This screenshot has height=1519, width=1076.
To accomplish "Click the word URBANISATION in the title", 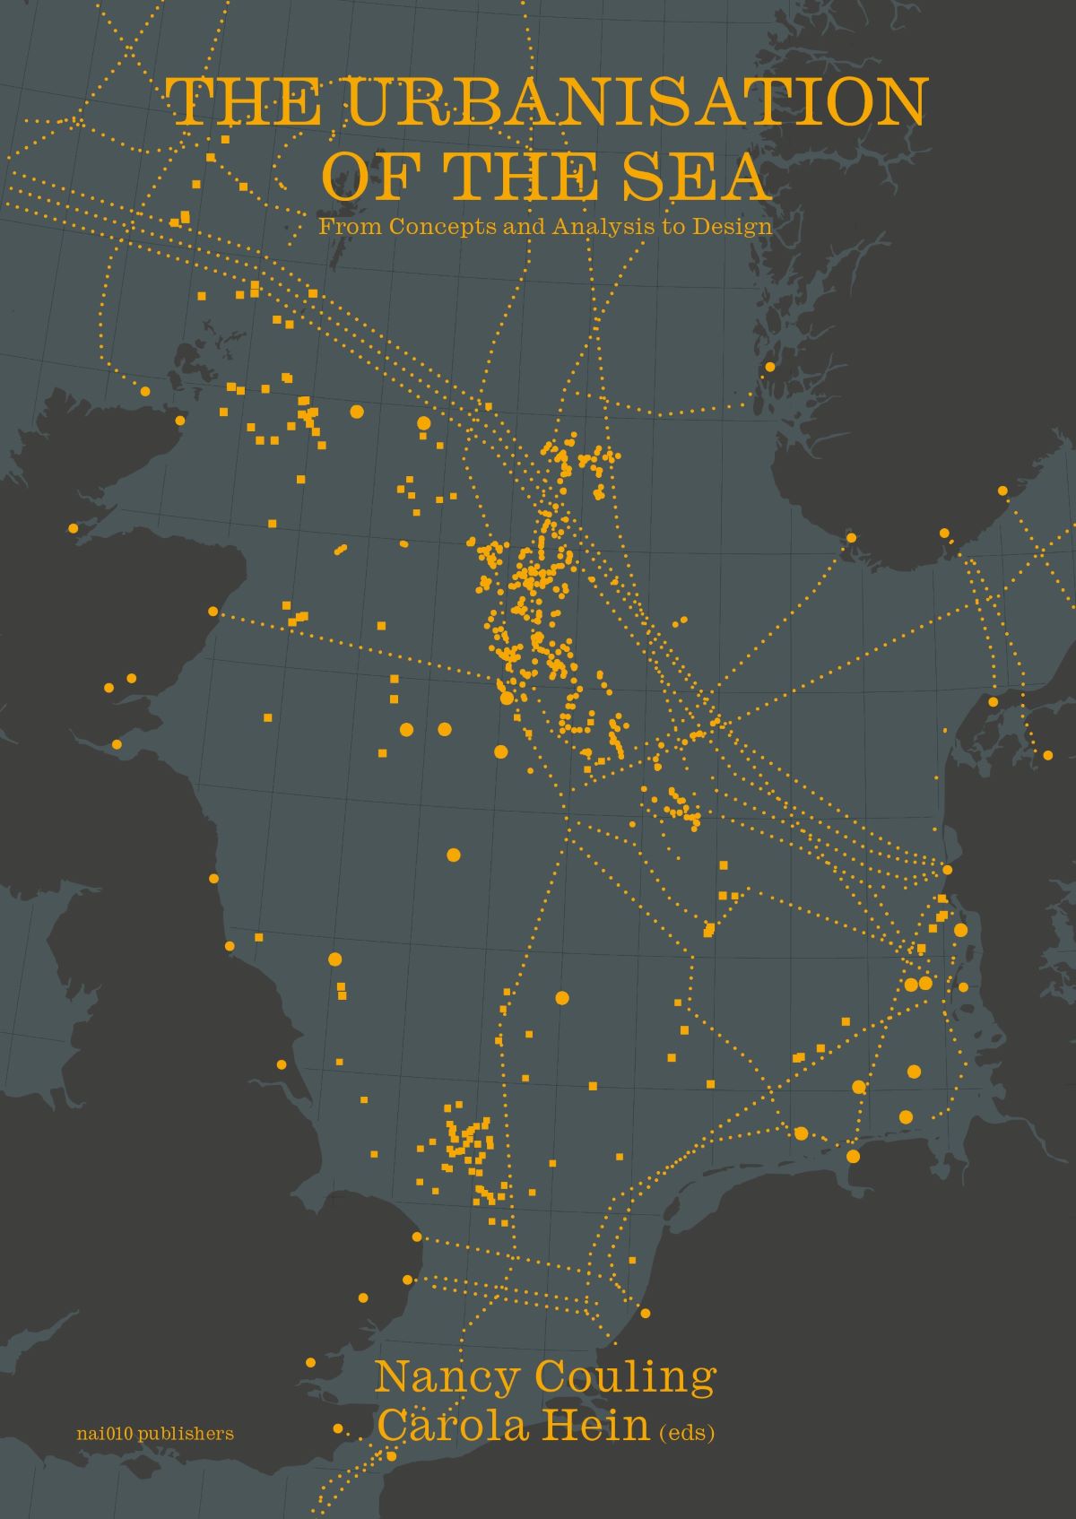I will [x=636, y=101].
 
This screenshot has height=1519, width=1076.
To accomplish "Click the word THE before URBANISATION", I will [x=244, y=101].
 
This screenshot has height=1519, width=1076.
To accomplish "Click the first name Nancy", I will [x=446, y=1377].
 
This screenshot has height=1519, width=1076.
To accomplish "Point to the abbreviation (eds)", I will [x=687, y=1433].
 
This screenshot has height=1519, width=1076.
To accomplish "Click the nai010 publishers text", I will [x=156, y=1434].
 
